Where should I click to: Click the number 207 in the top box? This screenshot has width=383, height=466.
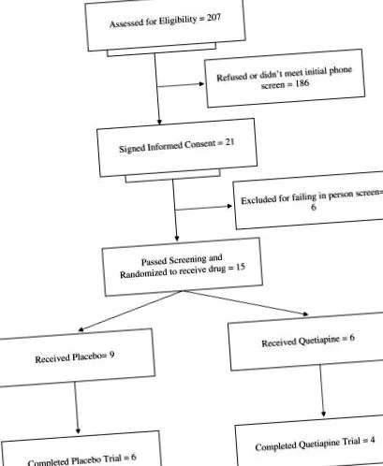coord(214,18)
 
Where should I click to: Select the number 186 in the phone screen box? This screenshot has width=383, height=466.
coord(302,83)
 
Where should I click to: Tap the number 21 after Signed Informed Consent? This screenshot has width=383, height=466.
coord(229,142)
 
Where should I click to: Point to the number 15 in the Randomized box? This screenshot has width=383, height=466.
coord(241,268)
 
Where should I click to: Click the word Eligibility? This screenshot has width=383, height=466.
coord(178,21)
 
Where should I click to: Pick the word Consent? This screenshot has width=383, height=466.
coord(199,145)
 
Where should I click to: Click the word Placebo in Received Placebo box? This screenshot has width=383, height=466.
coord(86,357)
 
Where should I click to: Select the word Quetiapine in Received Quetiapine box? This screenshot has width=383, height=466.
coord(318,341)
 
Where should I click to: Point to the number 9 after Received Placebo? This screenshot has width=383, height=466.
coord(111,355)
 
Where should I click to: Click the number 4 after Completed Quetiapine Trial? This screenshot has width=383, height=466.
coord(373,440)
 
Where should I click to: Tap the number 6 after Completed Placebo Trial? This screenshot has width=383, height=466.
coord(133,458)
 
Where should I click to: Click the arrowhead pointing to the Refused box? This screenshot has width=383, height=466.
coord(201,83)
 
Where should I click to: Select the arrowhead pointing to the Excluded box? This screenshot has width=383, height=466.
coord(229,206)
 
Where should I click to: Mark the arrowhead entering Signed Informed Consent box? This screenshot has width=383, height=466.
coord(159,122)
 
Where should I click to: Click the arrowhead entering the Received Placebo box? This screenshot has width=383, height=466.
coord(81,329)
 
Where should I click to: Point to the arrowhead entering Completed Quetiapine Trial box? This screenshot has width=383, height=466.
coord(323,414)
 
